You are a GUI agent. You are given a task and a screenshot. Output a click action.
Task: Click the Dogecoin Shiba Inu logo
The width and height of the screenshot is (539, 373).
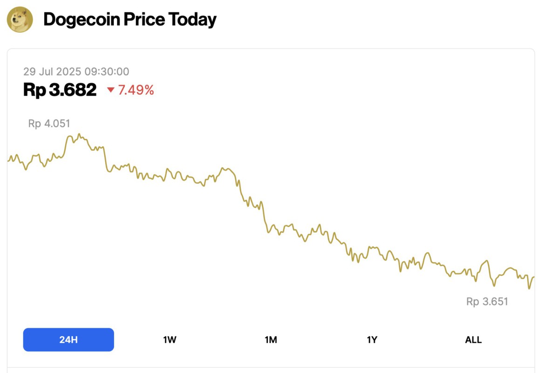pyautogui.click(x=20, y=20)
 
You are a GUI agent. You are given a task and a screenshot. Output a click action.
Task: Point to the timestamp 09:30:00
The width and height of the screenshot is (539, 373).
pyautogui.click(x=107, y=71)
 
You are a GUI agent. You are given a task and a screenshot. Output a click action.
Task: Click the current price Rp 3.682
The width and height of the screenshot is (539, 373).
pyautogui.click(x=60, y=90)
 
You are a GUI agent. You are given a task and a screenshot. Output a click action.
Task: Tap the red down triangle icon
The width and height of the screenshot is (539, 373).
pyautogui.click(x=111, y=90)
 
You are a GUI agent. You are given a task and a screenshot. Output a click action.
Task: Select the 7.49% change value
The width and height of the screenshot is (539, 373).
pyautogui.click(x=136, y=90)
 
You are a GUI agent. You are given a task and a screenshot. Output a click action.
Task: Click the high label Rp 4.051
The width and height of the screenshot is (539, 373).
pyautogui.click(x=49, y=124)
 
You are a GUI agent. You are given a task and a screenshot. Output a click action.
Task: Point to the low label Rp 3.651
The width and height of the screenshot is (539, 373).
pyautogui.click(x=487, y=302)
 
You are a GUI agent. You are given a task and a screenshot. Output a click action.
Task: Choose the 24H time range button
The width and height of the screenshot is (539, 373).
pyautogui.click(x=68, y=339)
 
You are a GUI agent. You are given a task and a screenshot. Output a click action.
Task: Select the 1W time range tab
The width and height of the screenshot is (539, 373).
pyautogui.click(x=170, y=339)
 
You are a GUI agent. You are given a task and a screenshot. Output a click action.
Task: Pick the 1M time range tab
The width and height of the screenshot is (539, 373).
pyautogui.click(x=271, y=339)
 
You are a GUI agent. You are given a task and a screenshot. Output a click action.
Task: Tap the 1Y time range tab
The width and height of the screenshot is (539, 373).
pyautogui.click(x=372, y=339)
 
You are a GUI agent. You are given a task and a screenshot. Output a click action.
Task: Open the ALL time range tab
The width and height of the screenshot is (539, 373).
pyautogui.click(x=473, y=339)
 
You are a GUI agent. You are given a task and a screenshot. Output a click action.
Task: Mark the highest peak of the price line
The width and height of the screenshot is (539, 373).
pyautogui.click(x=79, y=134)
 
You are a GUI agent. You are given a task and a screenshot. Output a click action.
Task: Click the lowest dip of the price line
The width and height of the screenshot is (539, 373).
pyautogui.click(x=529, y=289)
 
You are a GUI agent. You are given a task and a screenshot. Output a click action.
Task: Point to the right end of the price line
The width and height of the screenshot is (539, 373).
pyautogui.click(x=533, y=277)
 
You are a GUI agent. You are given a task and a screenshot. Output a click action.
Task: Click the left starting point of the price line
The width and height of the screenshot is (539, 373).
pyautogui.click(x=8, y=160)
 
